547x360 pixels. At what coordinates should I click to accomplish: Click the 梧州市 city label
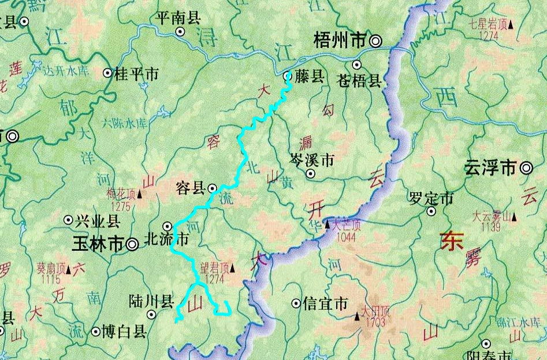(x=340, y=40)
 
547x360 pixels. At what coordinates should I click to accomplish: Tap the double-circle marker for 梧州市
(x=376, y=40)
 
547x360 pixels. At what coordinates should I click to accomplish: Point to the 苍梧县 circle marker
(x=357, y=65)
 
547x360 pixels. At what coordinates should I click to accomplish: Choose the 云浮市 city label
(x=490, y=169)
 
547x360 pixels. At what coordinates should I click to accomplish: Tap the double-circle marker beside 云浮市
(x=526, y=169)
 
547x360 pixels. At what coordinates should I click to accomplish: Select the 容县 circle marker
(x=213, y=188)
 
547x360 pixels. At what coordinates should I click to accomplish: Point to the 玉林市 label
(x=99, y=244)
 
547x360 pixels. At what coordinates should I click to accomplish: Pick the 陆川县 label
(x=152, y=301)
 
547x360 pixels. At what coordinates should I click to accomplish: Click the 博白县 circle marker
(x=95, y=332)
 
